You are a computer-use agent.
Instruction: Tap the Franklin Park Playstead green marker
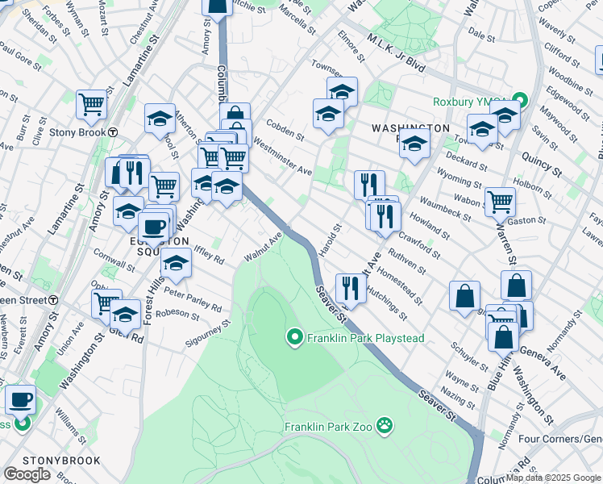(295, 338)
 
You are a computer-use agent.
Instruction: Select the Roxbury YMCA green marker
(520, 102)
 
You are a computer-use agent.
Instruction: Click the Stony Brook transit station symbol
(114, 132)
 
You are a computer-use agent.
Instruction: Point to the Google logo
(27, 474)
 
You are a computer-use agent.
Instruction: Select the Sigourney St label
(212, 331)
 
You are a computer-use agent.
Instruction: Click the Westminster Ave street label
(281, 156)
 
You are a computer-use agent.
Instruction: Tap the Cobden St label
(285, 131)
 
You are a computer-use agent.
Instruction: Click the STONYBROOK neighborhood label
(62, 461)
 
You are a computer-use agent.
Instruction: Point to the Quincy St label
(540, 159)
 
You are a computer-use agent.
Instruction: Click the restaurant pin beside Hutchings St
(350, 286)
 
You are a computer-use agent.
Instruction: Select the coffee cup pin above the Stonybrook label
(21, 398)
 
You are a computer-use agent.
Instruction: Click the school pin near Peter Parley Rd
(176, 261)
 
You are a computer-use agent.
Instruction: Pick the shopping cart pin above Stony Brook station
(92, 103)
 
